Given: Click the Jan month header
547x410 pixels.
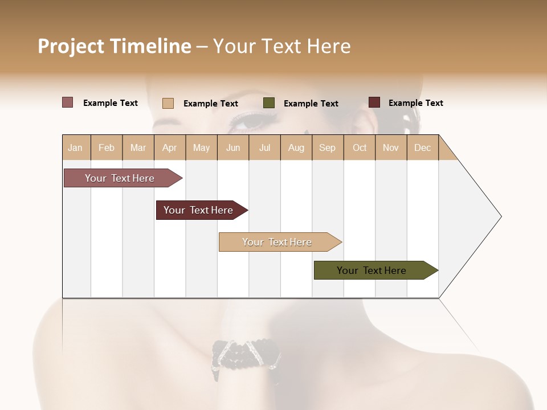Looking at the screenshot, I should pyautogui.click(x=76, y=147).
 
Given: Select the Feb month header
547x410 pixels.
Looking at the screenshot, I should pyautogui.click(x=107, y=147).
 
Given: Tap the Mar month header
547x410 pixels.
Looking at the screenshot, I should pyautogui.click(x=138, y=147).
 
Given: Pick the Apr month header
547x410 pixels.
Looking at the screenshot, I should pyautogui.click(x=170, y=147).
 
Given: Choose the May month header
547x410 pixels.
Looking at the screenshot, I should pyautogui.click(x=201, y=147).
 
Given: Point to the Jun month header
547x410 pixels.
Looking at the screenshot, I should pyautogui.click(x=233, y=147).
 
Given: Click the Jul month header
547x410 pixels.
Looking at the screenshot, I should pyautogui.click(x=264, y=147).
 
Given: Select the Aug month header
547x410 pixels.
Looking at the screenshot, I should pyautogui.click(x=296, y=147).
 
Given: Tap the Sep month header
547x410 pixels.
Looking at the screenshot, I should pyautogui.click(x=328, y=147).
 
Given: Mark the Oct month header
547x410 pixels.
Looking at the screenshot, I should pyautogui.click(x=360, y=147).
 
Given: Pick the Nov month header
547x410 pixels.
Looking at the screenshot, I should pyautogui.click(x=391, y=147).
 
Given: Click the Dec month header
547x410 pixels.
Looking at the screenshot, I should pyautogui.click(x=423, y=147).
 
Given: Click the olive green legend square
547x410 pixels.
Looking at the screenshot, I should pyautogui.click(x=269, y=103).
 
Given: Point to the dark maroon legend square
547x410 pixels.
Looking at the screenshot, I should pyautogui.click(x=374, y=102).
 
